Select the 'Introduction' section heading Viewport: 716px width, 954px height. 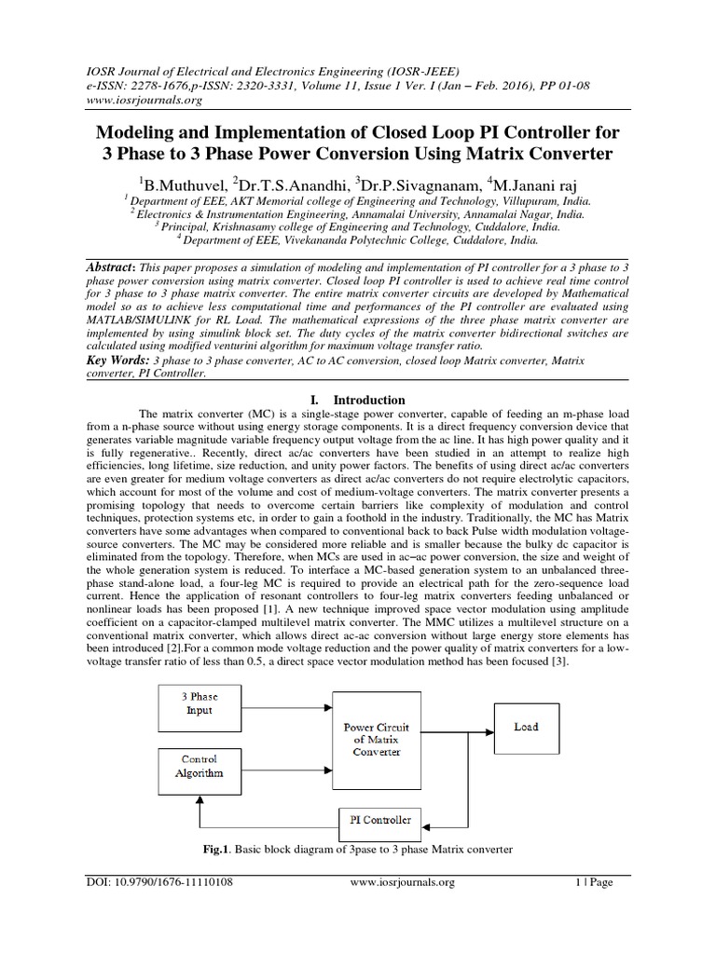(x=368, y=399)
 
